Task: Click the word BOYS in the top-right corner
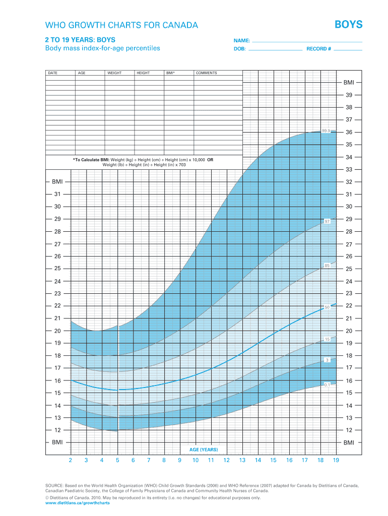[349, 25]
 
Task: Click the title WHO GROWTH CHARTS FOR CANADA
[121, 25]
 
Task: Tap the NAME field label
[241, 40]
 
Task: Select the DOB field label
[239, 49]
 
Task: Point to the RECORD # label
[318, 49]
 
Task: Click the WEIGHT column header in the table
[114, 73]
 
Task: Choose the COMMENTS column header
[207, 73]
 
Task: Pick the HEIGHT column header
[143, 73]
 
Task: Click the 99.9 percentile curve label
[326, 131]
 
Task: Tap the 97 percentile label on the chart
[327, 221]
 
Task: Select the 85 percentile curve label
[327, 266]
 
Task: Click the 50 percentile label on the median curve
[327, 306]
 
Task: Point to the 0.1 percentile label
[327, 385]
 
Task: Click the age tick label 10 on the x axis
[196, 460]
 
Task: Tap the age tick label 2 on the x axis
[71, 460]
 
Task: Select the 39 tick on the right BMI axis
[349, 95]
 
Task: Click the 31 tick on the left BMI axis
[57, 194]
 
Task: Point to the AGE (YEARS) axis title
[204, 449]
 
